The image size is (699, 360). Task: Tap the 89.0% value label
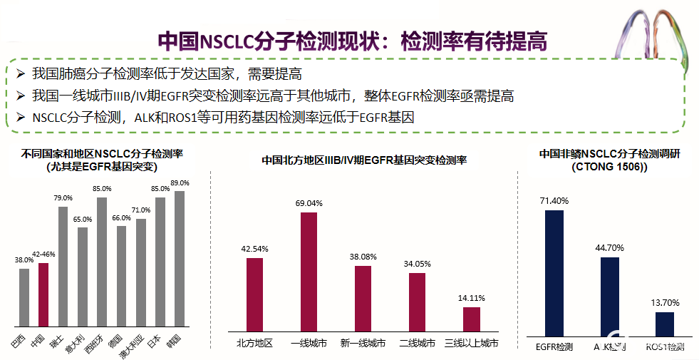pos(180,183)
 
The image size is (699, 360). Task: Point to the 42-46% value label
pos(43,254)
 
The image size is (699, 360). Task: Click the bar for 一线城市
pos(309,272)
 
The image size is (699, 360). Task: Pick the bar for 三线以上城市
pos(472,319)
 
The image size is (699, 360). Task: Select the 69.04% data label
pos(309,203)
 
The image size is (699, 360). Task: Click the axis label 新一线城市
pos(363,344)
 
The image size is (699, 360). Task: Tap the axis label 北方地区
pos(254,344)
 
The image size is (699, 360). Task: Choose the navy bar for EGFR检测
pos(554,272)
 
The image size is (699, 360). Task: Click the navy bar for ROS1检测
pos(665,323)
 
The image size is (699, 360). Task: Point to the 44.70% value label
pos(610,247)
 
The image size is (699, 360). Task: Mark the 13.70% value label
pos(665,303)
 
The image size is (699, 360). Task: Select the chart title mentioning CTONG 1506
pos(609,160)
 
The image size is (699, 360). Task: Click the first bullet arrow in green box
pos(20,73)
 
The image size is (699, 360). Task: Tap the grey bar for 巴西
pos(24,299)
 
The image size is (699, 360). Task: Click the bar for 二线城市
pos(418,302)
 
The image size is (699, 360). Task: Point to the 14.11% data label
pos(472,297)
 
